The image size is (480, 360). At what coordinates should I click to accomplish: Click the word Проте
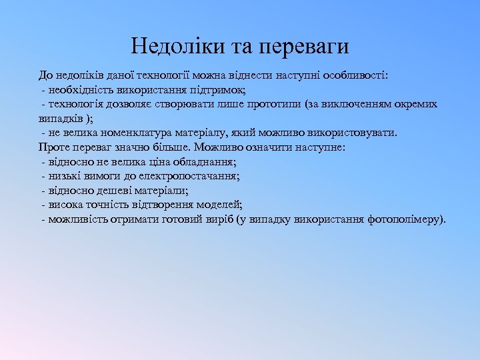point(53,147)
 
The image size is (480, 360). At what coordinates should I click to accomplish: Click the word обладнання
point(207,162)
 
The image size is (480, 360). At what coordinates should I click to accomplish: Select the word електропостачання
point(192,176)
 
